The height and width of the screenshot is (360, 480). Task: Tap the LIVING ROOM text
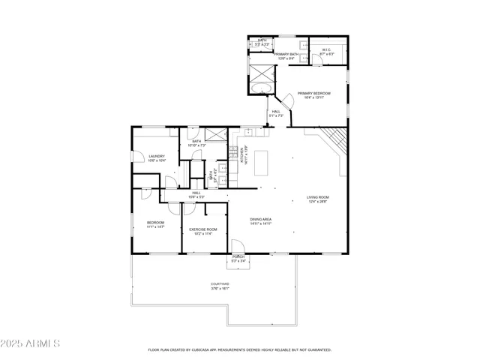tap(317, 199)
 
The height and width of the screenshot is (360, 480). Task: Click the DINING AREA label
tap(260, 220)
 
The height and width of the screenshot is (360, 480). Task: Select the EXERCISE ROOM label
tap(202, 230)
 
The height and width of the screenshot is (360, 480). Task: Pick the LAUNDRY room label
tap(156, 157)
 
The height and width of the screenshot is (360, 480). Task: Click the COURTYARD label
tap(220, 285)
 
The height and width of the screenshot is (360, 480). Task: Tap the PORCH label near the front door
tap(238, 259)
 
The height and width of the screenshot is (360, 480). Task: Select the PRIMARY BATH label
tap(286, 55)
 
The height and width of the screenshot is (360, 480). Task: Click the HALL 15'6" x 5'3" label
tap(196, 194)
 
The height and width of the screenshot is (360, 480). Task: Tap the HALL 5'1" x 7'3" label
tap(276, 113)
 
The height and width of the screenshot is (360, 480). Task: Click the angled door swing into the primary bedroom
tap(285, 100)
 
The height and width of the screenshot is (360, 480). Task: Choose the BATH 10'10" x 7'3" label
tap(196, 142)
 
